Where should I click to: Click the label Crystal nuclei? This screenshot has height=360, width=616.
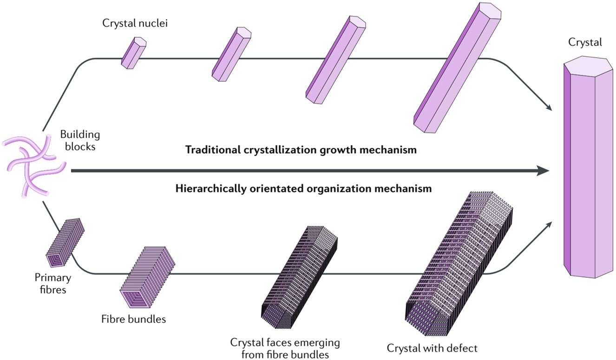pos(135,24)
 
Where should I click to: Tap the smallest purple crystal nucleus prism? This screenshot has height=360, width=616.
pos(134,52)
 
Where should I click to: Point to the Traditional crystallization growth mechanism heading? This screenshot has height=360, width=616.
pos(301,150)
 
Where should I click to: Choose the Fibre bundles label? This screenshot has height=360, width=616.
pos(133,319)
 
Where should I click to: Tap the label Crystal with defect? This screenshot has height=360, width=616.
pos(432,347)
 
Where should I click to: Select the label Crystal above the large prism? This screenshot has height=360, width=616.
pos(585,42)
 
